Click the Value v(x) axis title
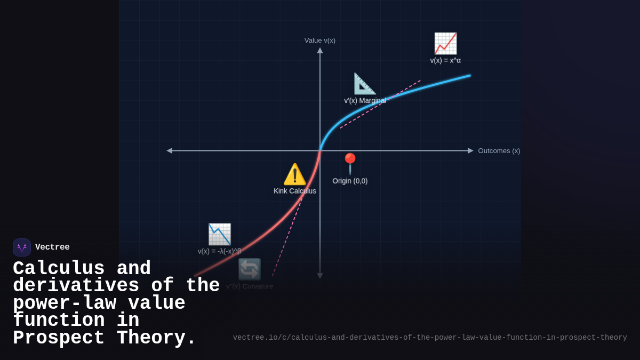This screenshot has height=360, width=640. (320, 40)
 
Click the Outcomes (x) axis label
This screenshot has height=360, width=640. (499, 151)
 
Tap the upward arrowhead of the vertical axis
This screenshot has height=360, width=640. (320, 50)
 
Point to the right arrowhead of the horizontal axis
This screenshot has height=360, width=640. (470, 151)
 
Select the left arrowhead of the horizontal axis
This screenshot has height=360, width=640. (170, 151)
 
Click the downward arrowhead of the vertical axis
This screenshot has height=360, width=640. (320, 276)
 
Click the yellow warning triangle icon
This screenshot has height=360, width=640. (294, 174)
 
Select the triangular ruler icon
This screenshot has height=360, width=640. (365, 84)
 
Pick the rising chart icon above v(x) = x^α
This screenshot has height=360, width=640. (445, 44)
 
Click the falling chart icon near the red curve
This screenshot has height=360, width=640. (219, 234)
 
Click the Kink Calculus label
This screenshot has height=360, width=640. (295, 191)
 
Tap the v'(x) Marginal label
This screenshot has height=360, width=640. (365, 100)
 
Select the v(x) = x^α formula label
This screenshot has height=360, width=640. (445, 60)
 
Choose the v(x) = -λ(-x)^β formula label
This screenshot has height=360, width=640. (219, 251)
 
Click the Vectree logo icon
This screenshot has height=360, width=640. (22, 247)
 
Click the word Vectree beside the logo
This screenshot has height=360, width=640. (52, 247)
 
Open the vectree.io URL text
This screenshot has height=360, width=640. (429, 338)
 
